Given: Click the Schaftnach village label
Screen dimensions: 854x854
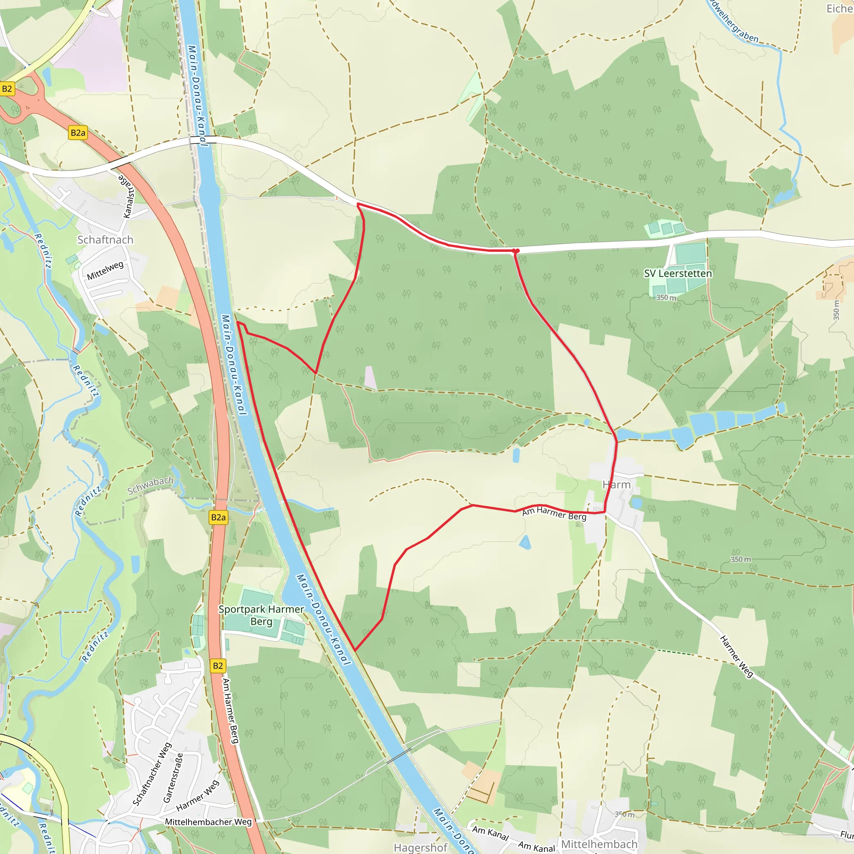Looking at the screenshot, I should point(105,240).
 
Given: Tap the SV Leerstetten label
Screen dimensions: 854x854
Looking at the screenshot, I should point(678,274).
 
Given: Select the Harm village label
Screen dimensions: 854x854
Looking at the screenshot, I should point(616,485).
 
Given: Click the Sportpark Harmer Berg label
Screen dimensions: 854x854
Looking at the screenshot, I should point(261,615).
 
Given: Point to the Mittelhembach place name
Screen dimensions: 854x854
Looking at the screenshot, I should point(599,844).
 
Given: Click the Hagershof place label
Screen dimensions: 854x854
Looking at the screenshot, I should point(420,847).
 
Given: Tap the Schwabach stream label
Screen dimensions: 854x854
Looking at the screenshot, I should point(150,486).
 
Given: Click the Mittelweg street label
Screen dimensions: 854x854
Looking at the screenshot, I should point(105,271).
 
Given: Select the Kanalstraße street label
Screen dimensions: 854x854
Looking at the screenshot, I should point(126,196).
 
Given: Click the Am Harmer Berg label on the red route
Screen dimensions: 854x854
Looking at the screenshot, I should point(554,514).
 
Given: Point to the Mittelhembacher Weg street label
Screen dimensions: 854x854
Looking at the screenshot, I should point(208,822).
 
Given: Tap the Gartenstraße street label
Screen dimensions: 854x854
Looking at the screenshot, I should point(173,778).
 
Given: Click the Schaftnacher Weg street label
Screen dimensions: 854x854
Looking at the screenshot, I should point(152,774).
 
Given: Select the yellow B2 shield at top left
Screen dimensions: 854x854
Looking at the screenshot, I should point(7,89).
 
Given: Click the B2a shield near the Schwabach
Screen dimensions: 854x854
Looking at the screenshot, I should point(219,517).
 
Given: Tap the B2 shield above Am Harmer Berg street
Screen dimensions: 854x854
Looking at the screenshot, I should point(218,666).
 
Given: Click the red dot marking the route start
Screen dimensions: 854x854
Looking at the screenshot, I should point(515,251).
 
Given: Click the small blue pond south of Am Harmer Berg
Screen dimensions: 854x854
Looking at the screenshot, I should point(525,543).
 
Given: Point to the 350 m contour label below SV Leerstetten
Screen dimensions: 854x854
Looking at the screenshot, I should point(666,297).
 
